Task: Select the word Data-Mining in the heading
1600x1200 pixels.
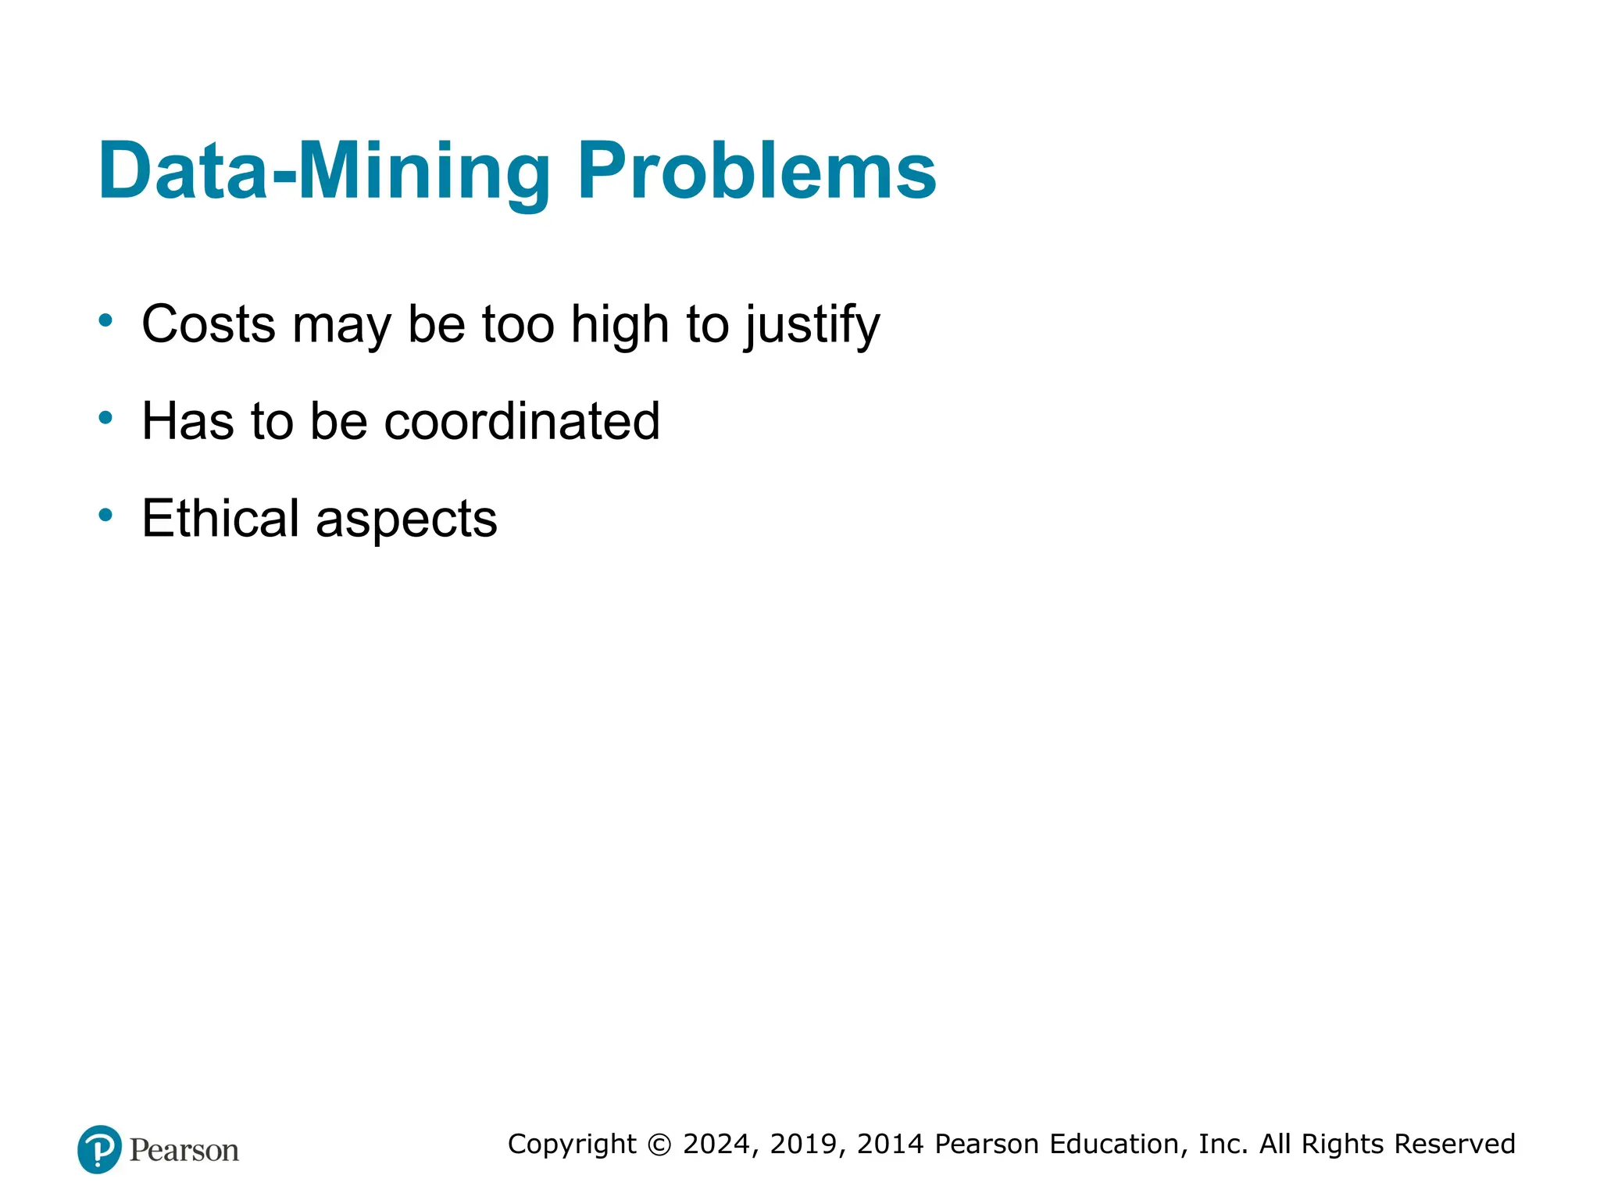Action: pos(324,171)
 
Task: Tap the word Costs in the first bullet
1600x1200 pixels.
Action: pos(209,324)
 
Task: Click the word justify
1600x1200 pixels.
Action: pos(812,326)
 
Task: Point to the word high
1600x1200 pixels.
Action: pos(620,324)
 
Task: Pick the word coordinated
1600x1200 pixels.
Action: pos(522,422)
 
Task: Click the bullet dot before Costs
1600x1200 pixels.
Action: pos(105,320)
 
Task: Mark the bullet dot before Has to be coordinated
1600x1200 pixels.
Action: pos(105,418)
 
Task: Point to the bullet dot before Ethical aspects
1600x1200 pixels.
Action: pos(105,515)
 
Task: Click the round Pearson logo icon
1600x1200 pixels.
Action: pos(100,1149)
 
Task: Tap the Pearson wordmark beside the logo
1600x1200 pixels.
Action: pos(184,1151)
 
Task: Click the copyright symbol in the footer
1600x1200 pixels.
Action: pos(660,1145)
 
